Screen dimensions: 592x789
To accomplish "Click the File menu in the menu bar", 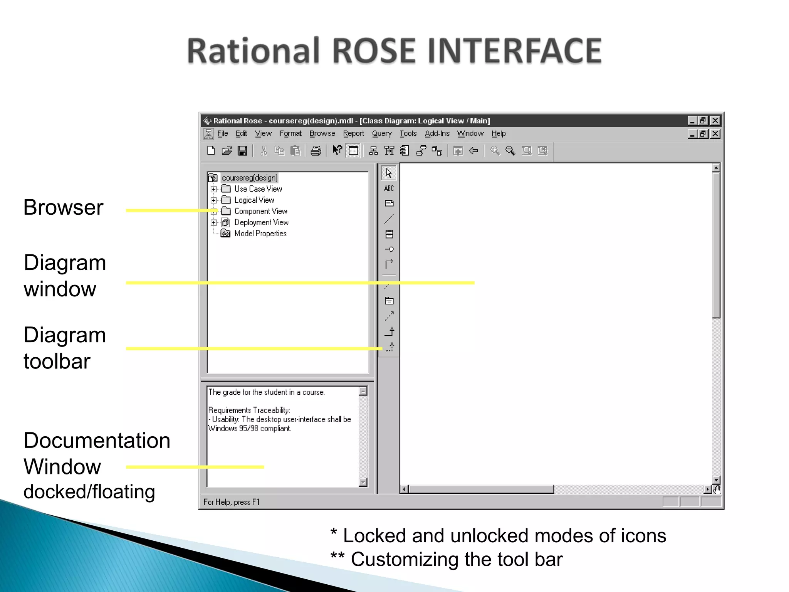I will coord(223,134).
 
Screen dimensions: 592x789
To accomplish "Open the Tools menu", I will coord(408,134).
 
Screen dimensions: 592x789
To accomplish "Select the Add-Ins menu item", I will coord(437,134).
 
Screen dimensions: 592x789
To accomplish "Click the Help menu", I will coord(499,134).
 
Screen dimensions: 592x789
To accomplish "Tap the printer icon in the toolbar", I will coord(316,151).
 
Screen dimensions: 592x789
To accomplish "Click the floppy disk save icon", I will coord(242,151).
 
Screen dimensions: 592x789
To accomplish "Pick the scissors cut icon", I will coord(264,151).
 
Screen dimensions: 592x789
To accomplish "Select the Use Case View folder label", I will coord(258,189).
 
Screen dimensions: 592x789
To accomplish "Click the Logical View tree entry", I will coord(254,200).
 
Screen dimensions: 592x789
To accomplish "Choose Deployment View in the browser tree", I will coord(261,222).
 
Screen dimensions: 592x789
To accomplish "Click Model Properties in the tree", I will coord(260,234).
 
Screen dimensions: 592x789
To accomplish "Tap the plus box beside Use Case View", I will coord(214,189).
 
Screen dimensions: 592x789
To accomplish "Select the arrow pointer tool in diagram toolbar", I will coord(389,173).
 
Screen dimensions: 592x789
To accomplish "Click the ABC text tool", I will coord(389,188).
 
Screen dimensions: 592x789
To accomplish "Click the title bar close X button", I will coord(715,121).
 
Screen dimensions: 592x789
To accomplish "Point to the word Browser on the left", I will coord(64,207).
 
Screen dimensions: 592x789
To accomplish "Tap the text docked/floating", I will coord(89,492).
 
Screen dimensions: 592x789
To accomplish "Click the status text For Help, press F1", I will coord(232,502).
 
